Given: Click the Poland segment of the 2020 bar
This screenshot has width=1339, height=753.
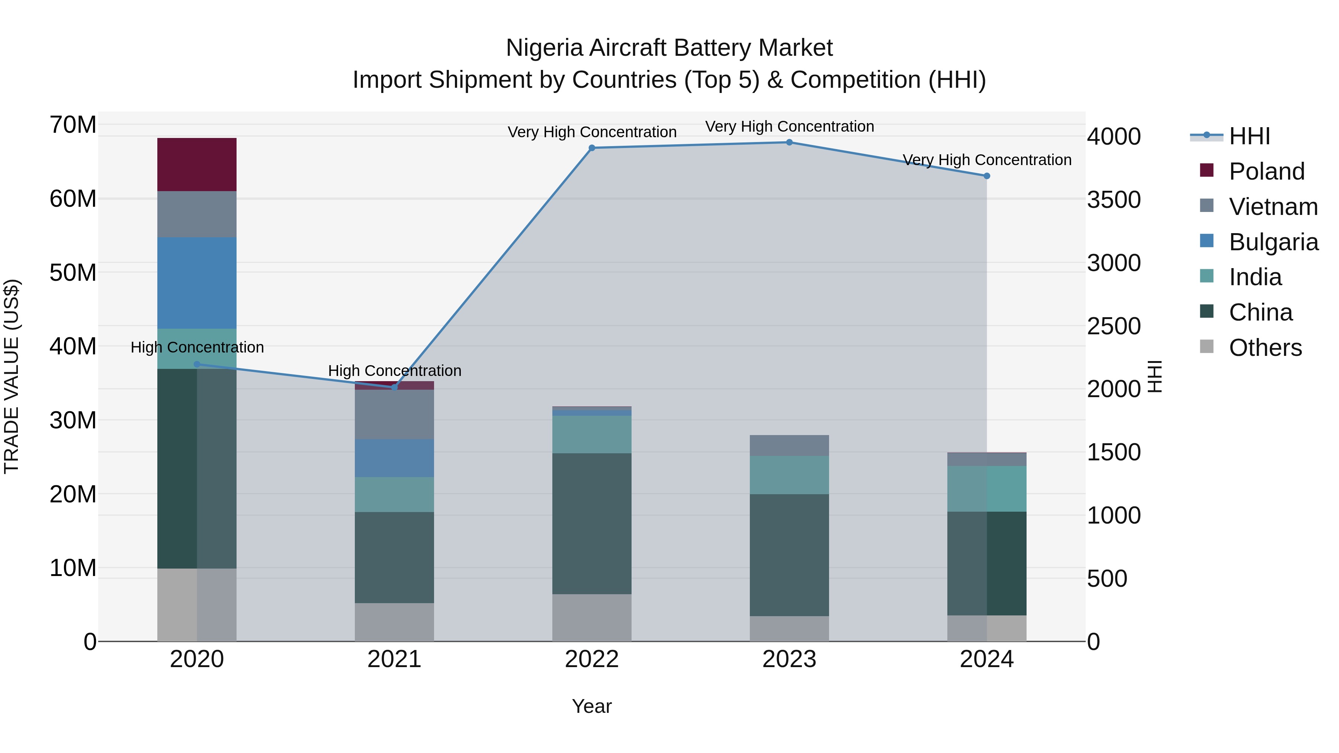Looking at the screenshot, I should (196, 164).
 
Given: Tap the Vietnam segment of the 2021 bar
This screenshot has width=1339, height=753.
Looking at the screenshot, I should (394, 414).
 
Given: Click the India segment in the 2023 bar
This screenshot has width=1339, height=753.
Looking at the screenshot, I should (789, 475).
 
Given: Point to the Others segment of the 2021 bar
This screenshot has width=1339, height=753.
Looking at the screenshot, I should (394, 622).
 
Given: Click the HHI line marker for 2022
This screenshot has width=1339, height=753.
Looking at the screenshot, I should (591, 148).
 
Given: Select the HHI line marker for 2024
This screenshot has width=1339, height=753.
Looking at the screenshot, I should (986, 176).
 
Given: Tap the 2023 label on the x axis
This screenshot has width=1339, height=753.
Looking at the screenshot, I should (789, 659).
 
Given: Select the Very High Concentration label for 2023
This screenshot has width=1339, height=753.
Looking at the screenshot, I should (789, 126).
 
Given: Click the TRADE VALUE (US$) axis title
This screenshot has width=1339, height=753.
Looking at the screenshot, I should (12, 376).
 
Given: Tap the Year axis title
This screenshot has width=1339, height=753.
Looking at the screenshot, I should (591, 706).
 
